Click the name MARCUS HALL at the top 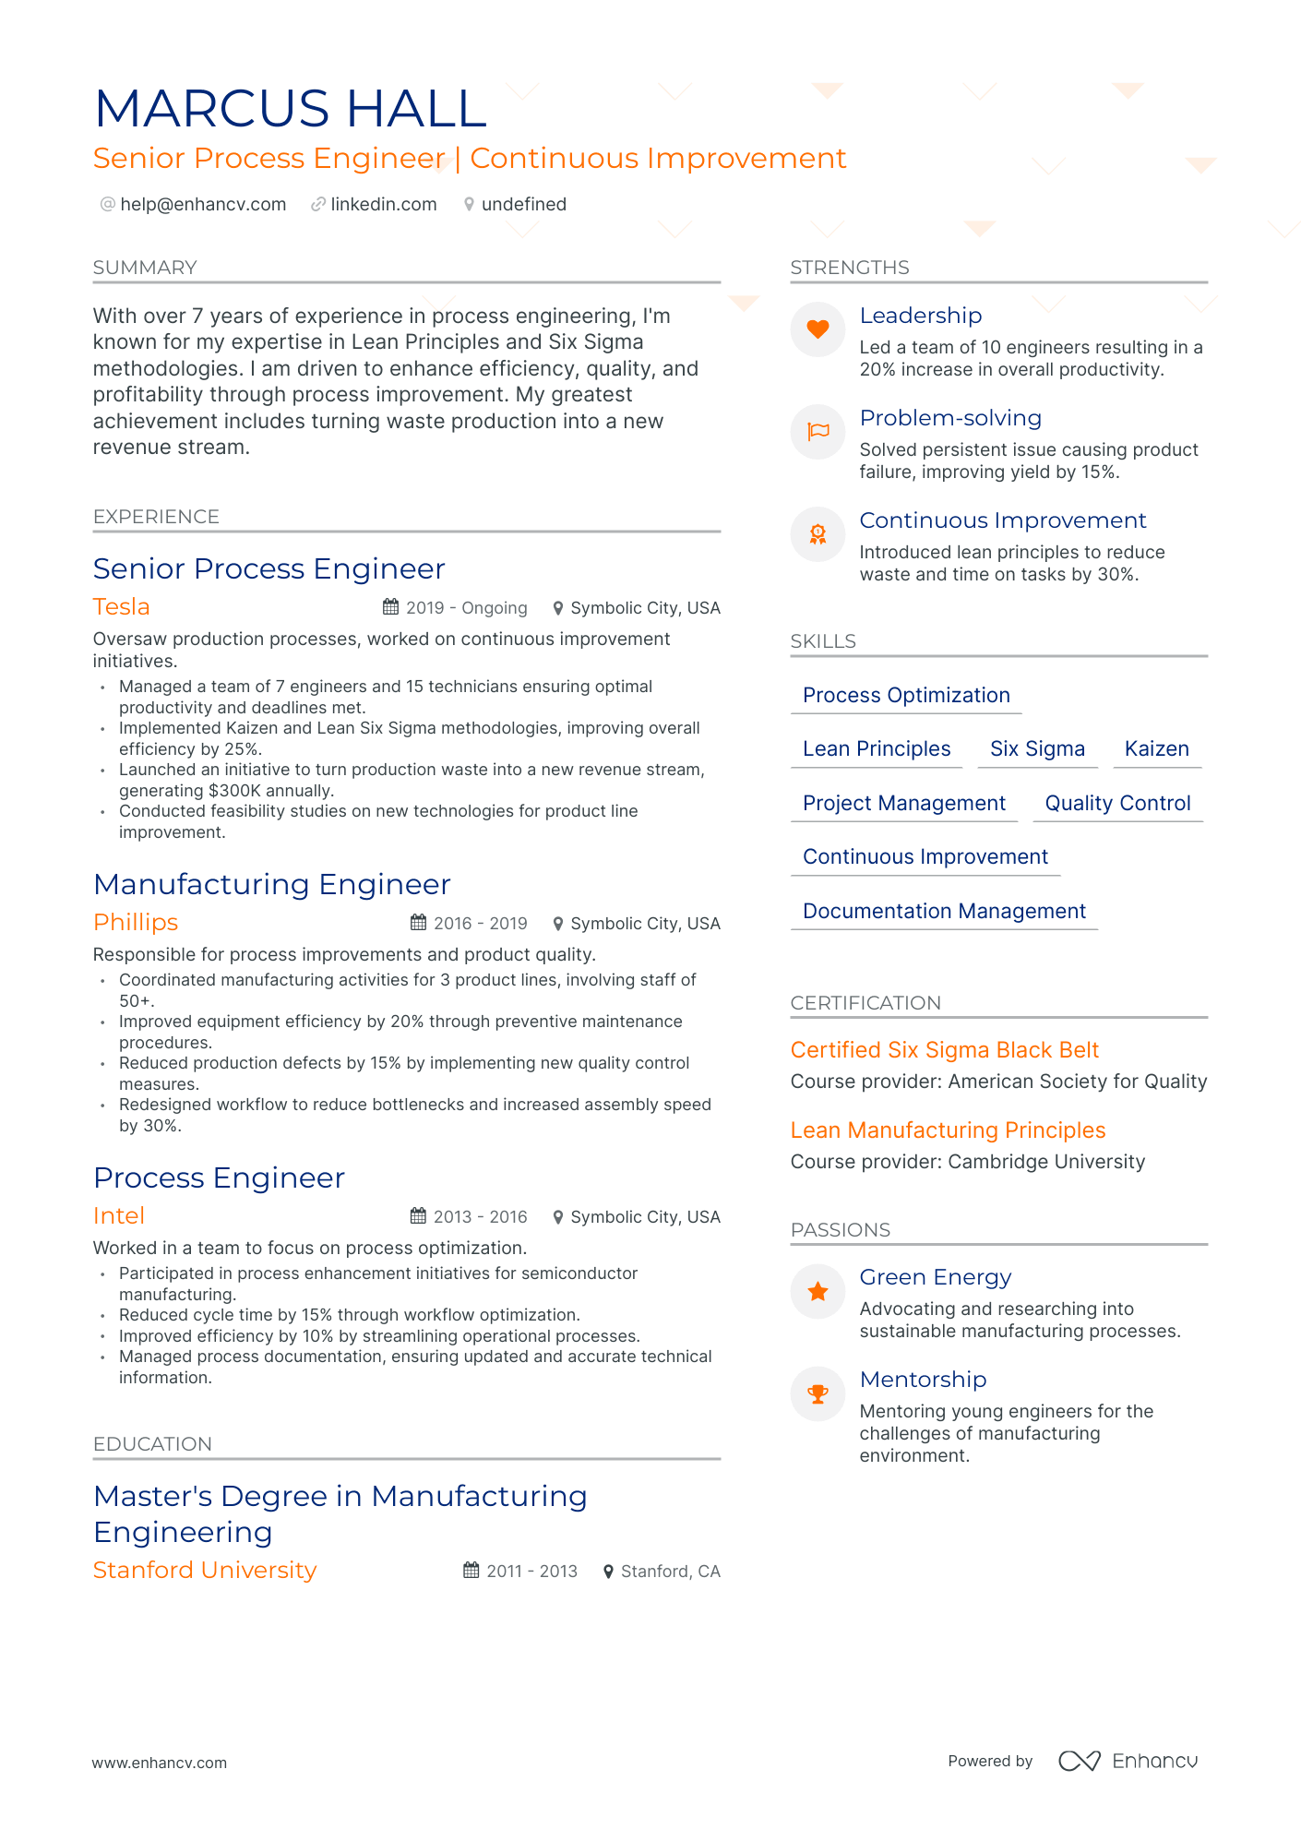(x=291, y=109)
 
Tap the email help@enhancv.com (x=202, y=204)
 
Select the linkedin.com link (x=383, y=204)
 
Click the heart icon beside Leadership (x=818, y=329)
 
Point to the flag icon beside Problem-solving (x=818, y=432)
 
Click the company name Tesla (x=121, y=607)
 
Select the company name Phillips (x=136, y=923)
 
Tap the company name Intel (x=119, y=1216)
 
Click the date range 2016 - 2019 (x=480, y=924)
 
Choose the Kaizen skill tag (x=1156, y=749)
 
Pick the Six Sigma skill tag (x=1037, y=749)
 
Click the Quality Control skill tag (x=1117, y=804)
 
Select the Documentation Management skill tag (x=944, y=912)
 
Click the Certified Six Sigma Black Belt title (x=944, y=1050)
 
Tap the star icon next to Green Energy (x=818, y=1291)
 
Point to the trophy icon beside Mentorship (x=818, y=1393)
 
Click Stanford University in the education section (x=205, y=1571)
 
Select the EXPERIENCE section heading (x=156, y=517)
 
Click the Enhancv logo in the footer (x=1128, y=1761)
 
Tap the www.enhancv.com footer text (x=159, y=1763)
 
